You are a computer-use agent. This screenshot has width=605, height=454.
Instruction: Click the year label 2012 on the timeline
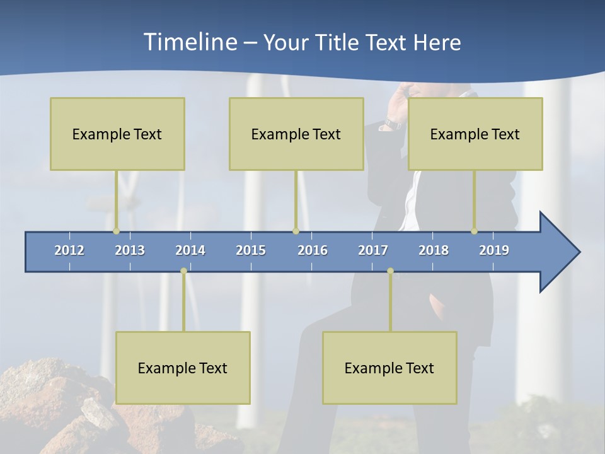tap(69, 250)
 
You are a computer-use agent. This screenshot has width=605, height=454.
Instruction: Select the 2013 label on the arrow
tap(130, 250)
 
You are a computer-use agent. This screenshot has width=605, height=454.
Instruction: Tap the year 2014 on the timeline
tap(190, 250)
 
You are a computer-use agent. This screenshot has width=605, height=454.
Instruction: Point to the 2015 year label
tap(251, 250)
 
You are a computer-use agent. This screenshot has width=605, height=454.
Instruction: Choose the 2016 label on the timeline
tap(313, 250)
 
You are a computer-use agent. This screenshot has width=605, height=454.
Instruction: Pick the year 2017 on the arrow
tap(373, 250)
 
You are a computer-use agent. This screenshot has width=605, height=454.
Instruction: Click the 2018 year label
tap(434, 250)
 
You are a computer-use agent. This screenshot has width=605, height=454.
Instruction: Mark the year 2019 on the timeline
tap(494, 250)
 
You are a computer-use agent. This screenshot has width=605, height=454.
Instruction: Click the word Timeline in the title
tap(190, 42)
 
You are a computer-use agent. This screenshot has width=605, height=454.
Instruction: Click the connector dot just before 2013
tap(116, 231)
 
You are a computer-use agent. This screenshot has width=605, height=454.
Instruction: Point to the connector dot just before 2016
tap(296, 231)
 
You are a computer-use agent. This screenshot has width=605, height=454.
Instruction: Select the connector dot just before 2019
tap(474, 231)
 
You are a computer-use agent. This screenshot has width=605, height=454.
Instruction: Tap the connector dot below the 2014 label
tap(183, 271)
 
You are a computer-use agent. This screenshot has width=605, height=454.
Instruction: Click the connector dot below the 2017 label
tap(390, 271)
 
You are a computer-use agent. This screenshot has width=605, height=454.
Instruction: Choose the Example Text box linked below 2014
tap(183, 368)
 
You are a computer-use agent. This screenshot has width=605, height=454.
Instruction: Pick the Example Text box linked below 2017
tap(389, 368)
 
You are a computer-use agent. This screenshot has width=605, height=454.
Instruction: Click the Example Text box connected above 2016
tap(296, 134)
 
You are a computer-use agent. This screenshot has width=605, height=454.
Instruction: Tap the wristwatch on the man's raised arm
tap(391, 125)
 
